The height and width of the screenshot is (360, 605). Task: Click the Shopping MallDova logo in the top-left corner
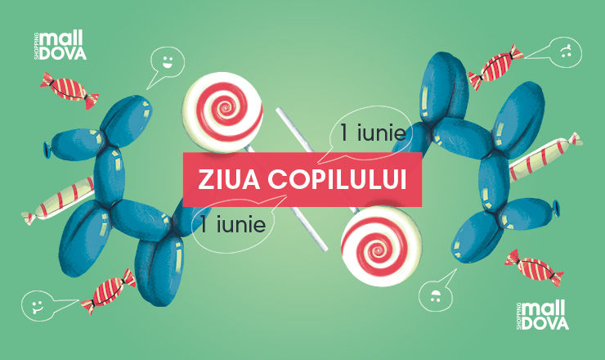(60, 46)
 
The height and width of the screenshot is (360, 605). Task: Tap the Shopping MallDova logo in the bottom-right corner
(542, 316)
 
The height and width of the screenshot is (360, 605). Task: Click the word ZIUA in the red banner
(229, 180)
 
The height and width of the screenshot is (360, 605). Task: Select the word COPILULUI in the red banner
(337, 180)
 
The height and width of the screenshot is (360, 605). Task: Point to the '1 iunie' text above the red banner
(373, 133)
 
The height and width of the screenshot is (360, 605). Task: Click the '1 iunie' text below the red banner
(233, 224)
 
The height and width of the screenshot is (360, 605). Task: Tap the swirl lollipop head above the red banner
(222, 111)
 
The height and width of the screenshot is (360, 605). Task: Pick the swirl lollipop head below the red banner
(381, 247)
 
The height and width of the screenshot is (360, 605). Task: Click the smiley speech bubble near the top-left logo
(167, 63)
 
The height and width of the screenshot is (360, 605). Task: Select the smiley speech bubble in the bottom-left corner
(38, 306)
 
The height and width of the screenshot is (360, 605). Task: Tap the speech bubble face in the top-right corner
(565, 52)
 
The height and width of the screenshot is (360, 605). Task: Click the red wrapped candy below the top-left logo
(69, 90)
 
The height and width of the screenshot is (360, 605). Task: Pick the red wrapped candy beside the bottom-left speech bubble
(109, 291)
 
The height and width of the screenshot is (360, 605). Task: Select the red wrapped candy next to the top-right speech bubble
(496, 67)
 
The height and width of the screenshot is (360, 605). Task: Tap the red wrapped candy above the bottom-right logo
(535, 268)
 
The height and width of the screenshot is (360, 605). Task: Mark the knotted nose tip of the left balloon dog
(47, 150)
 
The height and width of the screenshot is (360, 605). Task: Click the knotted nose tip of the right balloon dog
(556, 209)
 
